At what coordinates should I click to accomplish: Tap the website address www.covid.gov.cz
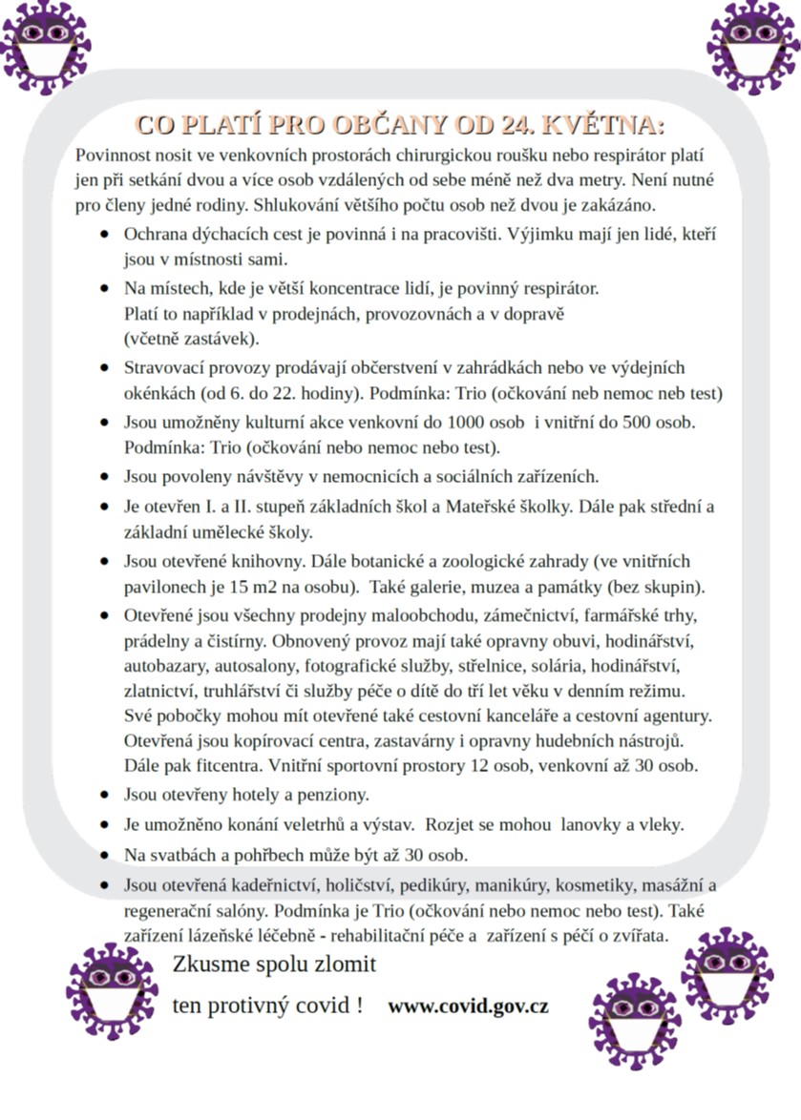(468, 1006)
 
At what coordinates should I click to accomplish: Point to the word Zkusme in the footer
(209, 964)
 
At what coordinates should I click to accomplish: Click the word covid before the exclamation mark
(321, 1006)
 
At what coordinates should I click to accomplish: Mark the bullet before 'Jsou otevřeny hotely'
(104, 794)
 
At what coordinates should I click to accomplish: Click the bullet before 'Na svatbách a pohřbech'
(104, 855)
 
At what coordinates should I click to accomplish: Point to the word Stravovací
(165, 367)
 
